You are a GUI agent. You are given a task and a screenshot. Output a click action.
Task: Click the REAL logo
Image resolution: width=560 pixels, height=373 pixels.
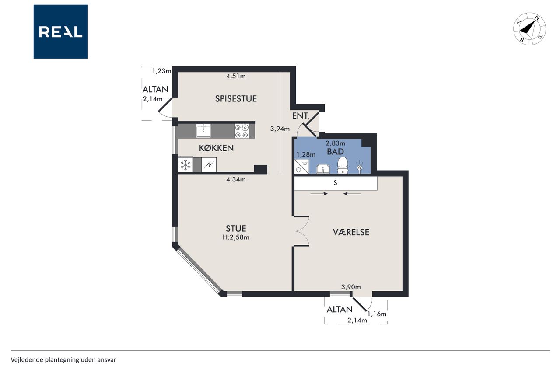60,32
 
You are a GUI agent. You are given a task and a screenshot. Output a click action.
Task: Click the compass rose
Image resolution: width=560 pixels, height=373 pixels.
529,29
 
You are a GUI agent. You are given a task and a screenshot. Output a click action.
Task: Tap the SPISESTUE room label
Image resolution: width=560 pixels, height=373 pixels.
236,99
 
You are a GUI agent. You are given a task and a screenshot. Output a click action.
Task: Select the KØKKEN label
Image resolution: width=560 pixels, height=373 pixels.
216,148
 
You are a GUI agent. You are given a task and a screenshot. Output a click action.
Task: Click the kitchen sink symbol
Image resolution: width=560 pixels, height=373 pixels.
203,131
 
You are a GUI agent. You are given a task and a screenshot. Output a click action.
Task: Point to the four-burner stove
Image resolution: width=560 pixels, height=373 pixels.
242,131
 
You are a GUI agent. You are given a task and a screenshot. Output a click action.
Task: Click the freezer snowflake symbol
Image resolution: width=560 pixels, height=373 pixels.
185,165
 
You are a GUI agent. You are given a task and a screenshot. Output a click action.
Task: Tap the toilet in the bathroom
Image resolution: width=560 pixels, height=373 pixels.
343,165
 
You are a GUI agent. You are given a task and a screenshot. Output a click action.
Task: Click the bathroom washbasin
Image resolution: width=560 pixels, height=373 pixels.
323,169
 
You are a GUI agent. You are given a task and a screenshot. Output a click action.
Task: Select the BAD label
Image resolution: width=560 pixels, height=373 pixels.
335,152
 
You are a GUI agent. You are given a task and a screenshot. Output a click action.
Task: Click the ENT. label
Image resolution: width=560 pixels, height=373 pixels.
301,116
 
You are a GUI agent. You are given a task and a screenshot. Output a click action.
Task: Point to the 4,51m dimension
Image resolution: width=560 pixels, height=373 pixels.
236,76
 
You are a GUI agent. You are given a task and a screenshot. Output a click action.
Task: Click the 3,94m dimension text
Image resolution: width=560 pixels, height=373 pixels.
280,129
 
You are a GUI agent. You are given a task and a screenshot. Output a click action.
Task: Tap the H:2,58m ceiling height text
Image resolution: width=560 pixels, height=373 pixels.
236,237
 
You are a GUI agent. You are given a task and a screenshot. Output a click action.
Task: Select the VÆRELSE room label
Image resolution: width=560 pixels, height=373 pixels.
351,232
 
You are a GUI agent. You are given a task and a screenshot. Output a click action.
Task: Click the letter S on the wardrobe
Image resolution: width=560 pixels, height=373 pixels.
335,183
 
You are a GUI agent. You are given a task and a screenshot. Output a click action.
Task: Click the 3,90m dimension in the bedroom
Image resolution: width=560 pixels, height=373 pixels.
351,287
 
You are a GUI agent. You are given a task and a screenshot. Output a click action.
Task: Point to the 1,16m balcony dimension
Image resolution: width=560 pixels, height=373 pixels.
377,314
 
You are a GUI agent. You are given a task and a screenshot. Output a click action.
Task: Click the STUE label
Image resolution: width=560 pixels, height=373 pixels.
236,229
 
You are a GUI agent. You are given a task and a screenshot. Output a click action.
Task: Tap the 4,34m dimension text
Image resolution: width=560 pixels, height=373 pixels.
236,179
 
